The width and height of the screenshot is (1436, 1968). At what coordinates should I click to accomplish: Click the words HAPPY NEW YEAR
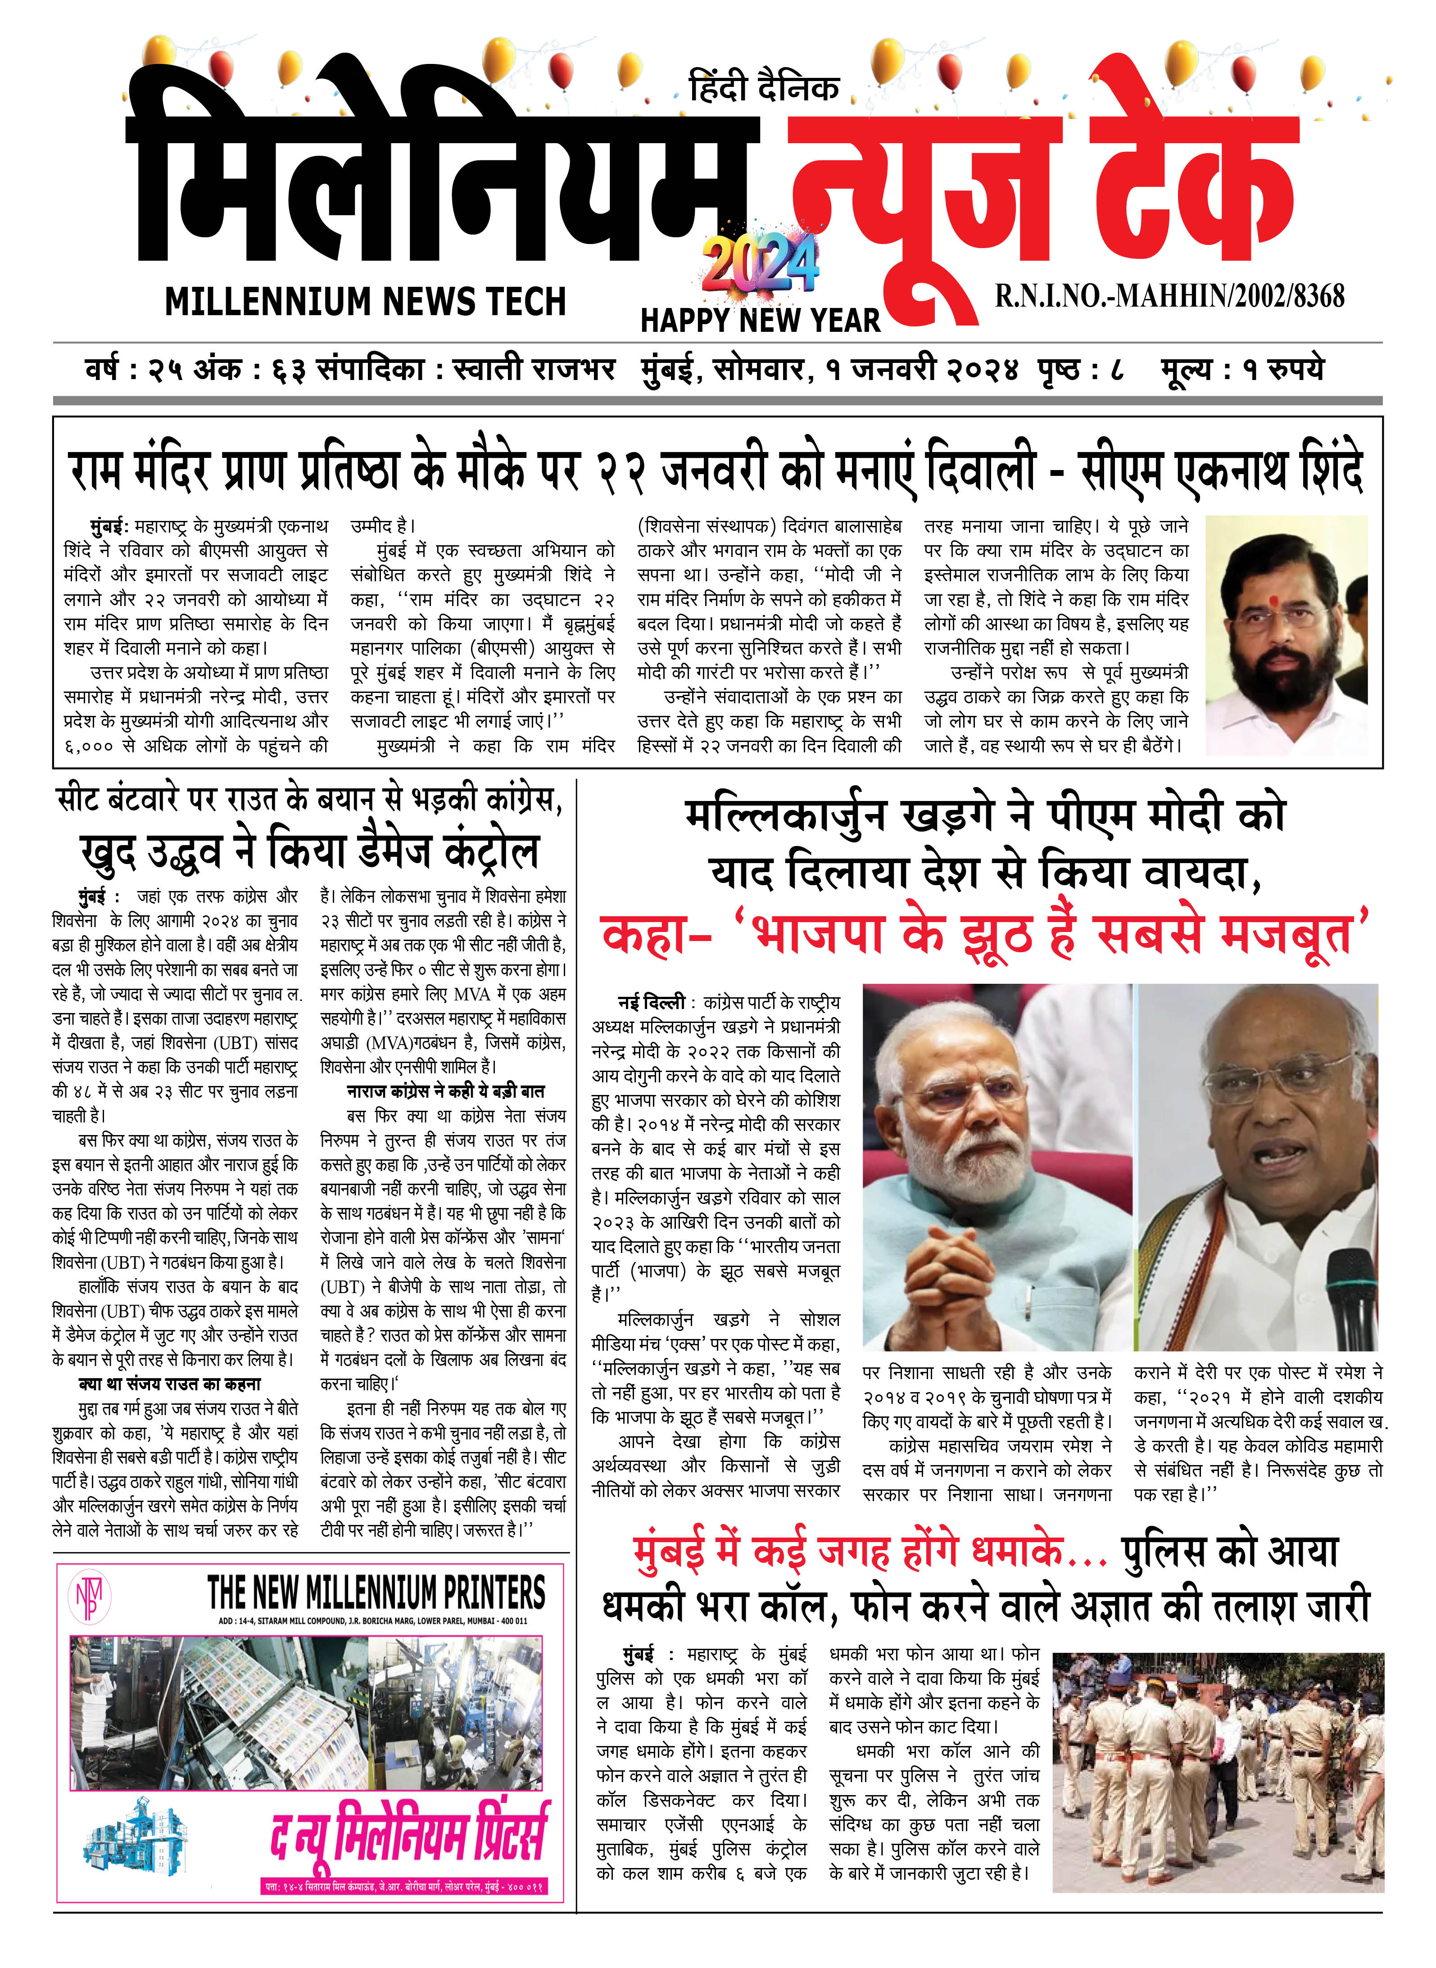click(x=760, y=320)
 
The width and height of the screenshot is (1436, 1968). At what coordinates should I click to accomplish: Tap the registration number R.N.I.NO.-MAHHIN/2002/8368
click(x=1169, y=295)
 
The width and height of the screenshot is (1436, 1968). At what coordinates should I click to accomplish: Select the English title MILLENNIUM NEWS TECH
click(x=365, y=302)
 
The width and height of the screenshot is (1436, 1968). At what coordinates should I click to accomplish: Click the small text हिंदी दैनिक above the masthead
click(x=763, y=88)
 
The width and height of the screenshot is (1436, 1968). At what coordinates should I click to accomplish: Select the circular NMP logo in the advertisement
click(x=90, y=1597)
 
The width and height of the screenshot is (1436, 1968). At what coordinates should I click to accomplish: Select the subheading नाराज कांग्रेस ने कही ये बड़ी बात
click(x=445, y=1091)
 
